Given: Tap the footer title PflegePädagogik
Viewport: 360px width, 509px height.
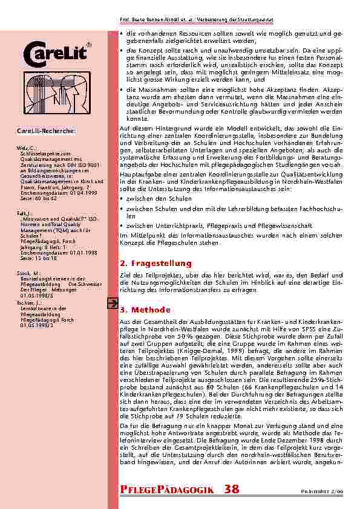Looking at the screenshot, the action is point(166,490).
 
